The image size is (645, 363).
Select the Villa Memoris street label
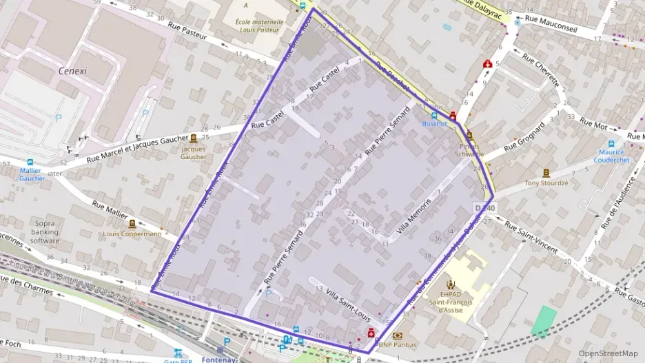pyautogui.click(x=413, y=216)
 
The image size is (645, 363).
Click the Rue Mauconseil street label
pyautogui.click(x=550, y=21)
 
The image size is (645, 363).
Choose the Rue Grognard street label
pyautogui.click(x=524, y=137)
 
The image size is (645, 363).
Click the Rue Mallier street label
pyautogui.click(x=110, y=209)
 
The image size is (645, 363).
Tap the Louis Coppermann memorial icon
pyautogui.click(x=131, y=223)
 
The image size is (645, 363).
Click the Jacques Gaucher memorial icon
pyautogui.click(x=193, y=138)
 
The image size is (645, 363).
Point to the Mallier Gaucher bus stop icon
pyautogui.click(x=30, y=163)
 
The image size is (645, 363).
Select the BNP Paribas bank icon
pyautogui.click(x=397, y=335)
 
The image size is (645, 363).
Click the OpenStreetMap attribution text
pyautogui.click(x=608, y=353)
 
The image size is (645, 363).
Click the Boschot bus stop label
pyautogui.click(x=434, y=124)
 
